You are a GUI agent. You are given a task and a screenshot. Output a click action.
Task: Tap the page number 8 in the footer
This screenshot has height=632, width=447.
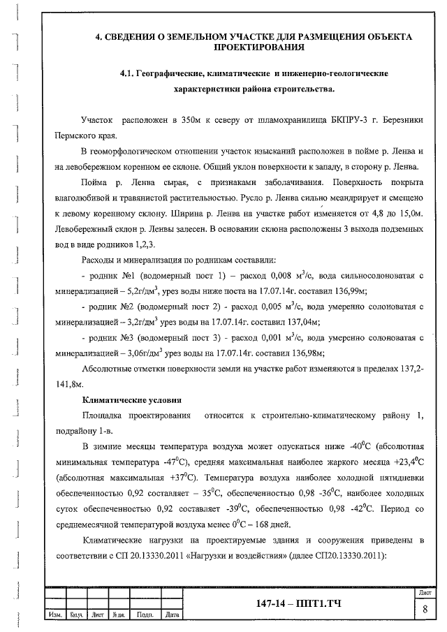click(x=425, y=609)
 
